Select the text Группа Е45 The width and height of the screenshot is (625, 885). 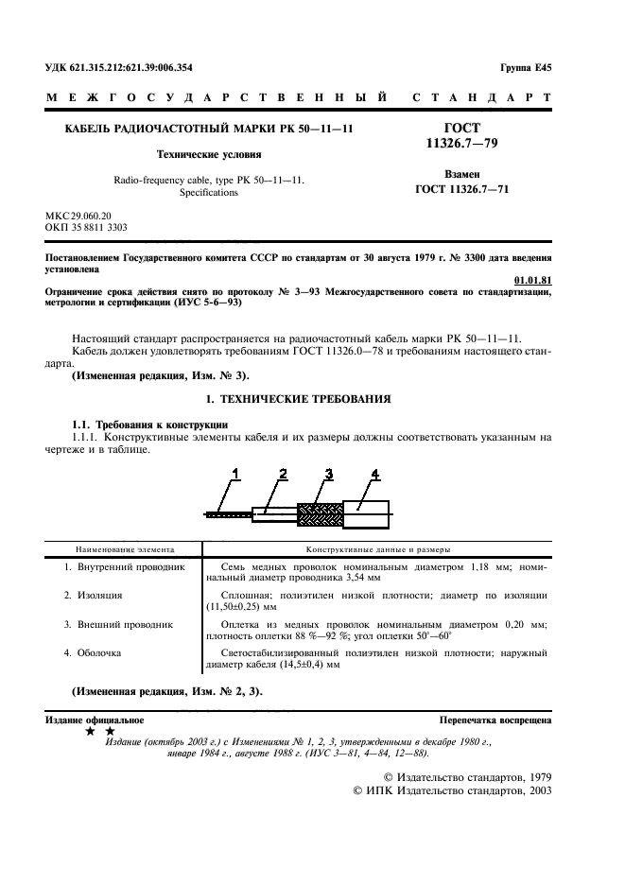point(526,67)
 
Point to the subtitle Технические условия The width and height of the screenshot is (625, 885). point(208,153)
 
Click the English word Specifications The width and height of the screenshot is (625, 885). point(208,192)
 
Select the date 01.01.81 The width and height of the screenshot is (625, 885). point(532,280)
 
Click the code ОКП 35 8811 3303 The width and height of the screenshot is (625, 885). point(87,228)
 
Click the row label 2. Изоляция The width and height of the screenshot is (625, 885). point(94,595)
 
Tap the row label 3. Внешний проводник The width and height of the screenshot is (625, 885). point(118,624)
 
